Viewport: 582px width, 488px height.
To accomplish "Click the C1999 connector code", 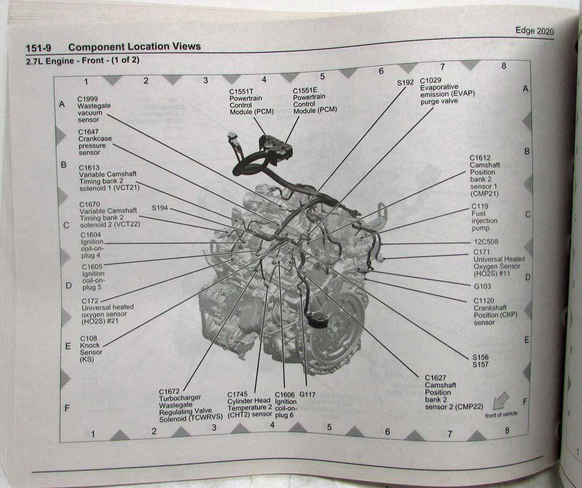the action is (x=88, y=99).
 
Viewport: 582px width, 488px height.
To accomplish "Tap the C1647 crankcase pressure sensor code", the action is (x=88, y=132).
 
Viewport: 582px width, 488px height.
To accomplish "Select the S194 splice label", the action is (x=159, y=208).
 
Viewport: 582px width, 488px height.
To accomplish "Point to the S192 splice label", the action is (x=405, y=83).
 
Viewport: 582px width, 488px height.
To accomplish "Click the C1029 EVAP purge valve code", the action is (x=431, y=80).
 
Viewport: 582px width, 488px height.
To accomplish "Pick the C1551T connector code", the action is (x=242, y=91).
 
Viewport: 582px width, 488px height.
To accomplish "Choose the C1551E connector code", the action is (x=305, y=90).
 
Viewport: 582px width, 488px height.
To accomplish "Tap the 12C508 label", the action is (x=486, y=242).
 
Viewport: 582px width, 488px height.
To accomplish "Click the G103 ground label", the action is (x=482, y=287).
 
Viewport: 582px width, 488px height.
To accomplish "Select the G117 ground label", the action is (x=307, y=394).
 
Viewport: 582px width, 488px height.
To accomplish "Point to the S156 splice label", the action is (x=480, y=358).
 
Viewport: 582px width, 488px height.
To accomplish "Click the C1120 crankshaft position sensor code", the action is (x=484, y=300).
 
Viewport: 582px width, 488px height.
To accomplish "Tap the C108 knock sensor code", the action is (x=88, y=338).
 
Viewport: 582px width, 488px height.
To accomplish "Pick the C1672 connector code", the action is (x=169, y=391).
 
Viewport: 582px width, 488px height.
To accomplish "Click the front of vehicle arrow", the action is (x=501, y=401).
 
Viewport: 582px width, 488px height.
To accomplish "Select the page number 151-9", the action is (x=38, y=48).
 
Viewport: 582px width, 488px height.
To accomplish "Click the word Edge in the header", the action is (x=525, y=30).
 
